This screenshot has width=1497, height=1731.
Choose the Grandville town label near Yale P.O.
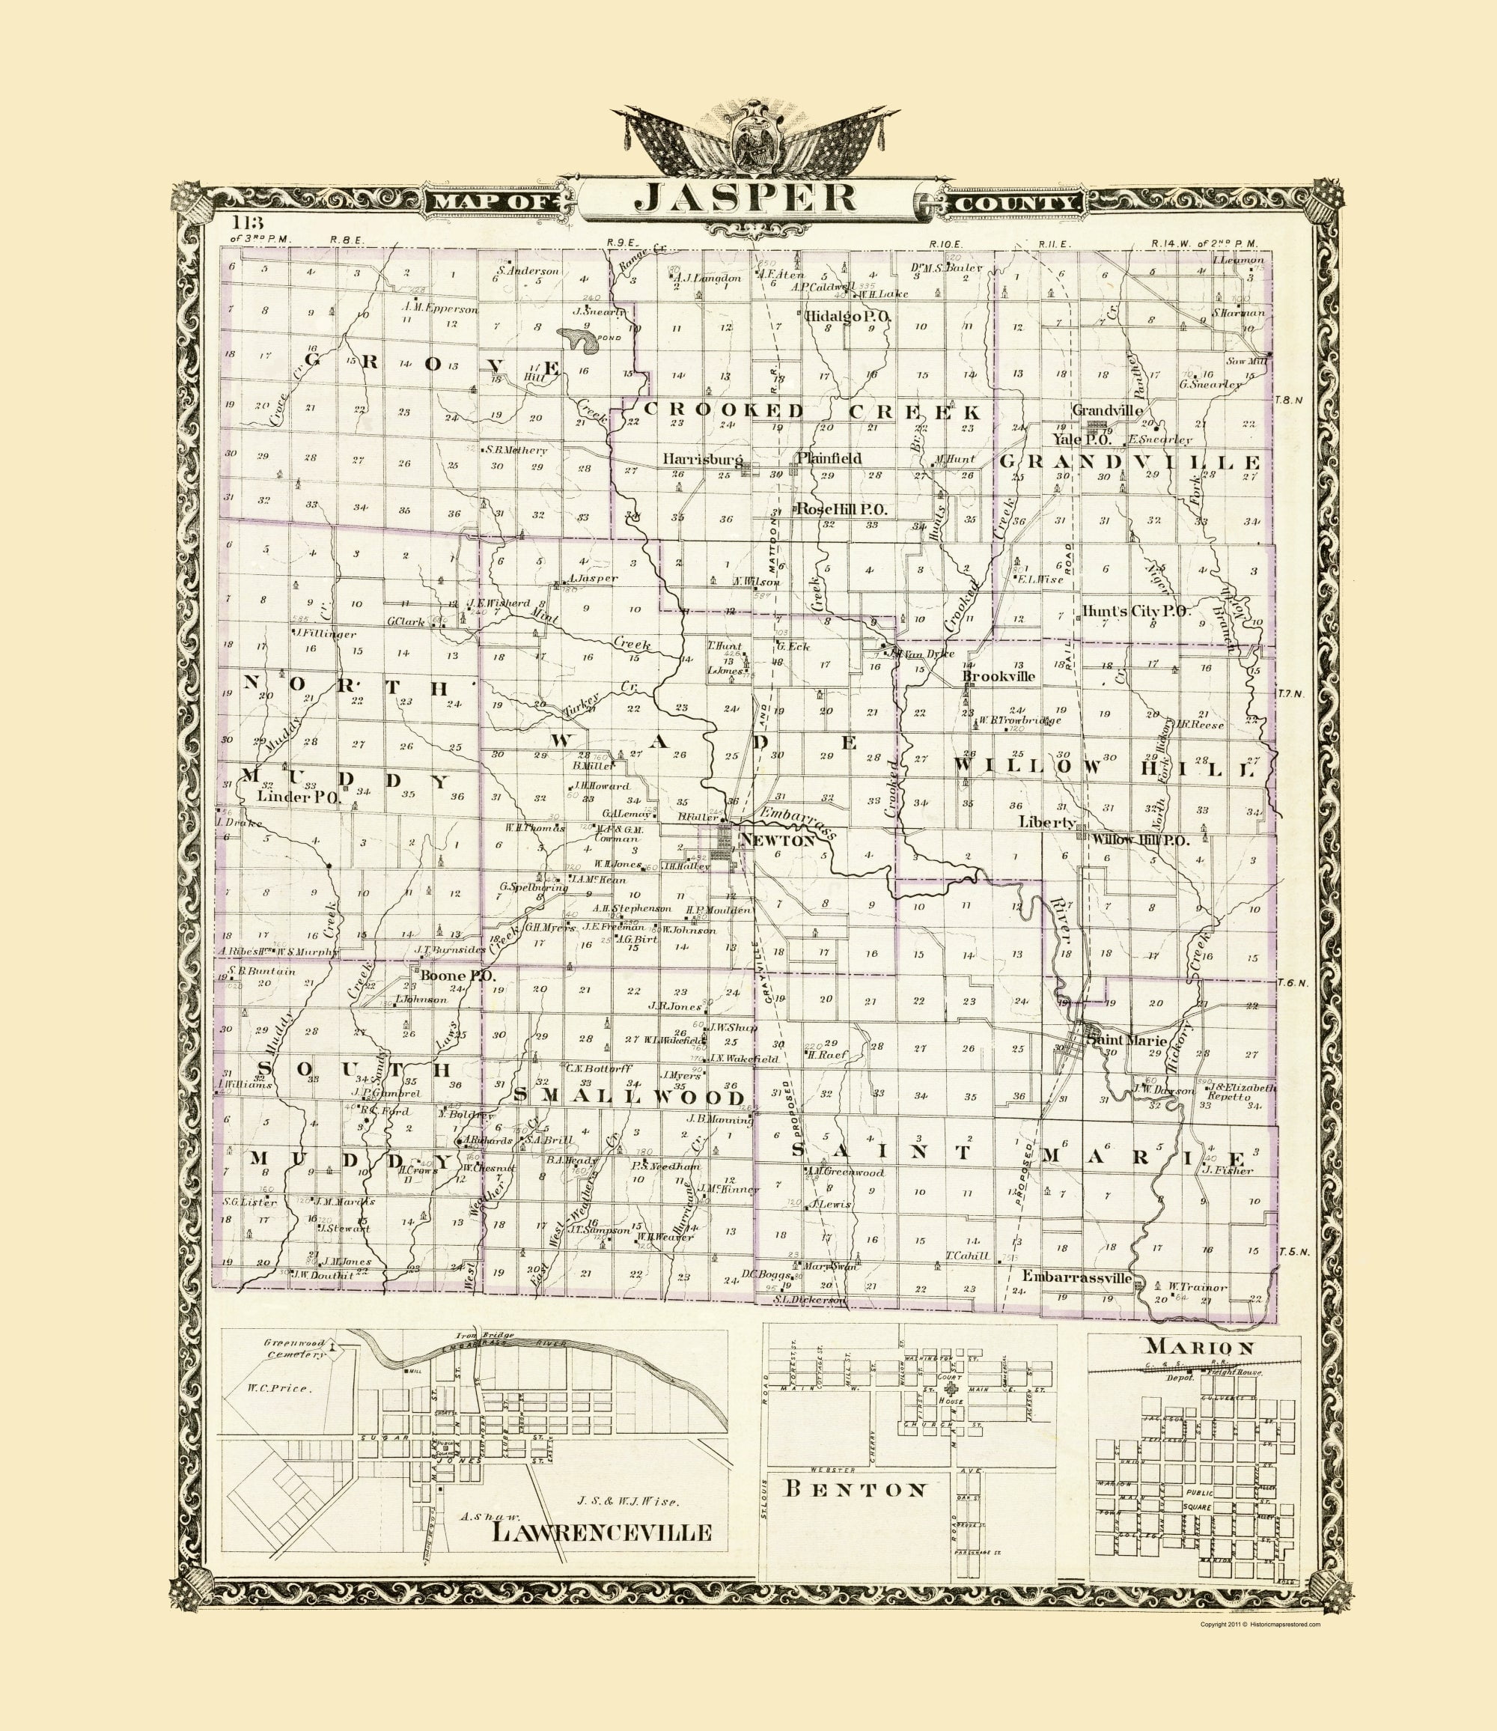point(1107,410)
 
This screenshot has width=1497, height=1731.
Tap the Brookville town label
point(998,676)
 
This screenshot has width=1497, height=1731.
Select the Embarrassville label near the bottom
point(1077,1278)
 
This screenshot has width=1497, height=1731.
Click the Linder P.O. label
point(296,797)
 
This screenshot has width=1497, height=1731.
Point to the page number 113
point(248,223)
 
